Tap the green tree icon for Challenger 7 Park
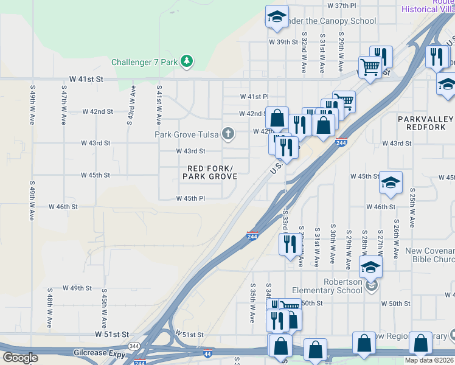(187, 61)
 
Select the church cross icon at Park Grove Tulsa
(228, 134)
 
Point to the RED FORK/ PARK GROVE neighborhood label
(210, 172)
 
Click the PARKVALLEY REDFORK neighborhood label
(426, 122)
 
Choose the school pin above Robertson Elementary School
(370, 266)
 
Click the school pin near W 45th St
(390, 182)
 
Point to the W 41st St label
(86, 79)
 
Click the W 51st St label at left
(112, 335)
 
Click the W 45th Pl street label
(190, 198)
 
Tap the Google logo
(20, 358)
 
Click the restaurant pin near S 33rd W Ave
(288, 243)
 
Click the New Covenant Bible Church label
(429, 255)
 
